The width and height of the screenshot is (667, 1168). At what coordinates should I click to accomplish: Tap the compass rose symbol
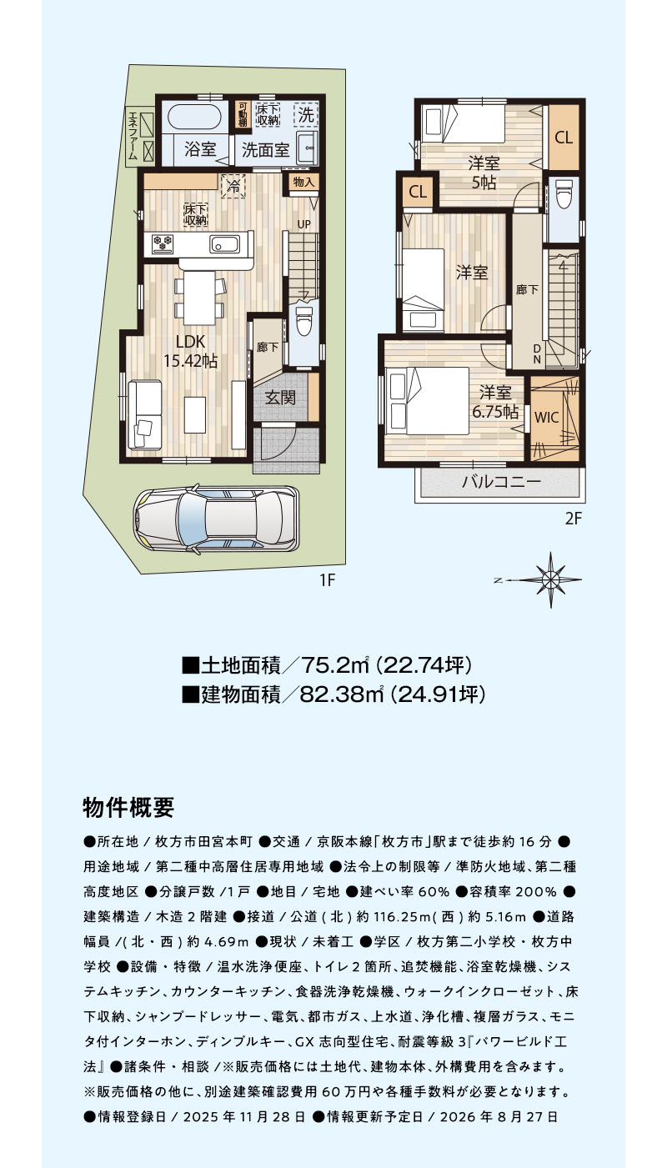click(x=551, y=579)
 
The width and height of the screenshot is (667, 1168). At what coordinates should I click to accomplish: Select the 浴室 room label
click(x=200, y=150)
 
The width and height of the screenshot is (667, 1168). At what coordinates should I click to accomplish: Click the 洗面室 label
click(x=265, y=150)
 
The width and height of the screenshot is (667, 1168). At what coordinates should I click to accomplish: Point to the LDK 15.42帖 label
click(x=191, y=351)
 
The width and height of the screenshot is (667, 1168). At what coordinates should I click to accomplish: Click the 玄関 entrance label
click(x=281, y=398)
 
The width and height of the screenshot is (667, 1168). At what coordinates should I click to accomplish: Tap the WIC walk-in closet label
click(x=547, y=417)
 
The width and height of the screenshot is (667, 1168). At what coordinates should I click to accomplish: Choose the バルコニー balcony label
click(x=502, y=481)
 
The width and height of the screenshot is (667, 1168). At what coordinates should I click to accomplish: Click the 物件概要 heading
click(x=128, y=808)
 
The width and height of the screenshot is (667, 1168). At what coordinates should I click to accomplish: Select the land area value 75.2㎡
click(x=335, y=664)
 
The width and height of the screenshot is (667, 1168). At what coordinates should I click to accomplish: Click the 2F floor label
click(x=573, y=519)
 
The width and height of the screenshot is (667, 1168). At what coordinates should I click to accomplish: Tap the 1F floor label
click(x=327, y=579)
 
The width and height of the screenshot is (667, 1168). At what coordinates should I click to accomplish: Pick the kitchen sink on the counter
click(x=225, y=243)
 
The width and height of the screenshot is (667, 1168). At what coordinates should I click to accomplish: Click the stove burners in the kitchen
click(x=163, y=242)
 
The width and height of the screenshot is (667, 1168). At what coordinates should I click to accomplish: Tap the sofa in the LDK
click(x=144, y=414)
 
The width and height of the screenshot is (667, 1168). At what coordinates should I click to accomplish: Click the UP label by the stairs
click(x=303, y=224)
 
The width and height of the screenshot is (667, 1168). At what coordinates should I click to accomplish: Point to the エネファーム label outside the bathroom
click(x=133, y=136)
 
